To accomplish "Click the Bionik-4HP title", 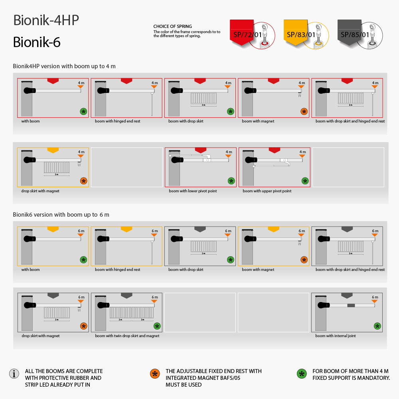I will point(46,20).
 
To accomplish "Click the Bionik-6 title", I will point(37,42).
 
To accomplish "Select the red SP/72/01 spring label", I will point(247,35).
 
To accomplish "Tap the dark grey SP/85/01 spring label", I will point(355,35).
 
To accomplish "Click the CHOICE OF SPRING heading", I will point(172,27).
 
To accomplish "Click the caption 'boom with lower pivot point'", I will point(193,191).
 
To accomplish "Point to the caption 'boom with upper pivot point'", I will point(267,191).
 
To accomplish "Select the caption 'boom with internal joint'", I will point(336,336).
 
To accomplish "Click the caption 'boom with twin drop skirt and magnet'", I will point(127,336).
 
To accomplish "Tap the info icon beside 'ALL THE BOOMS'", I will point(14,374).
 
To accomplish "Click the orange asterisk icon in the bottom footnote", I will point(154,374).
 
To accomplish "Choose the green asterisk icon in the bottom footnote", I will point(302,374).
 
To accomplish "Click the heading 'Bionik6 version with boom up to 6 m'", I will point(61,215).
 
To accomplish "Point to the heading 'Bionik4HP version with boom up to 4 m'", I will point(64,66).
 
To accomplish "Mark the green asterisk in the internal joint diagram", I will point(377,326).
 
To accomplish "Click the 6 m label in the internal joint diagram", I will point(375,297).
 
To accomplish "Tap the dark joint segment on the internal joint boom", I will point(351,305).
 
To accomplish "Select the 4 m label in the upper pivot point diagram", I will point(302,152).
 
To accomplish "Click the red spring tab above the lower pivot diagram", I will point(201,150).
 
